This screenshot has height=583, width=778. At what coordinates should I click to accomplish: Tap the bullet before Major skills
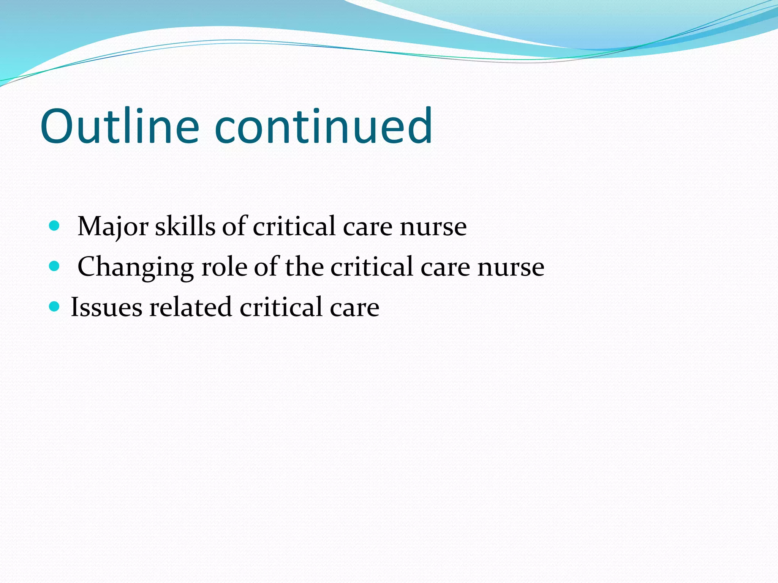point(55,226)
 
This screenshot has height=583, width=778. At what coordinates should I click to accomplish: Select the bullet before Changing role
point(55,266)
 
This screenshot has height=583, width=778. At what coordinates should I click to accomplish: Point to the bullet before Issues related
point(55,306)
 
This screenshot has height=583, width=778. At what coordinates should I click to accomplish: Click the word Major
point(113,227)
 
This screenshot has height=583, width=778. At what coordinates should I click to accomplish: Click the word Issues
point(107,307)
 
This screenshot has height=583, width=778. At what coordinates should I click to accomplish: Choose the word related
point(190,307)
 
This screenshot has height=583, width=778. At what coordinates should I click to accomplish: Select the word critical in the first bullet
point(294,227)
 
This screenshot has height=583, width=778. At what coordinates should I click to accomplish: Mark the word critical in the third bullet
point(281,307)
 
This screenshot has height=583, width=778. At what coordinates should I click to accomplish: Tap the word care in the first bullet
point(368,227)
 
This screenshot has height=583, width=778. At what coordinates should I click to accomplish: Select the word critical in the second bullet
point(372,267)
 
